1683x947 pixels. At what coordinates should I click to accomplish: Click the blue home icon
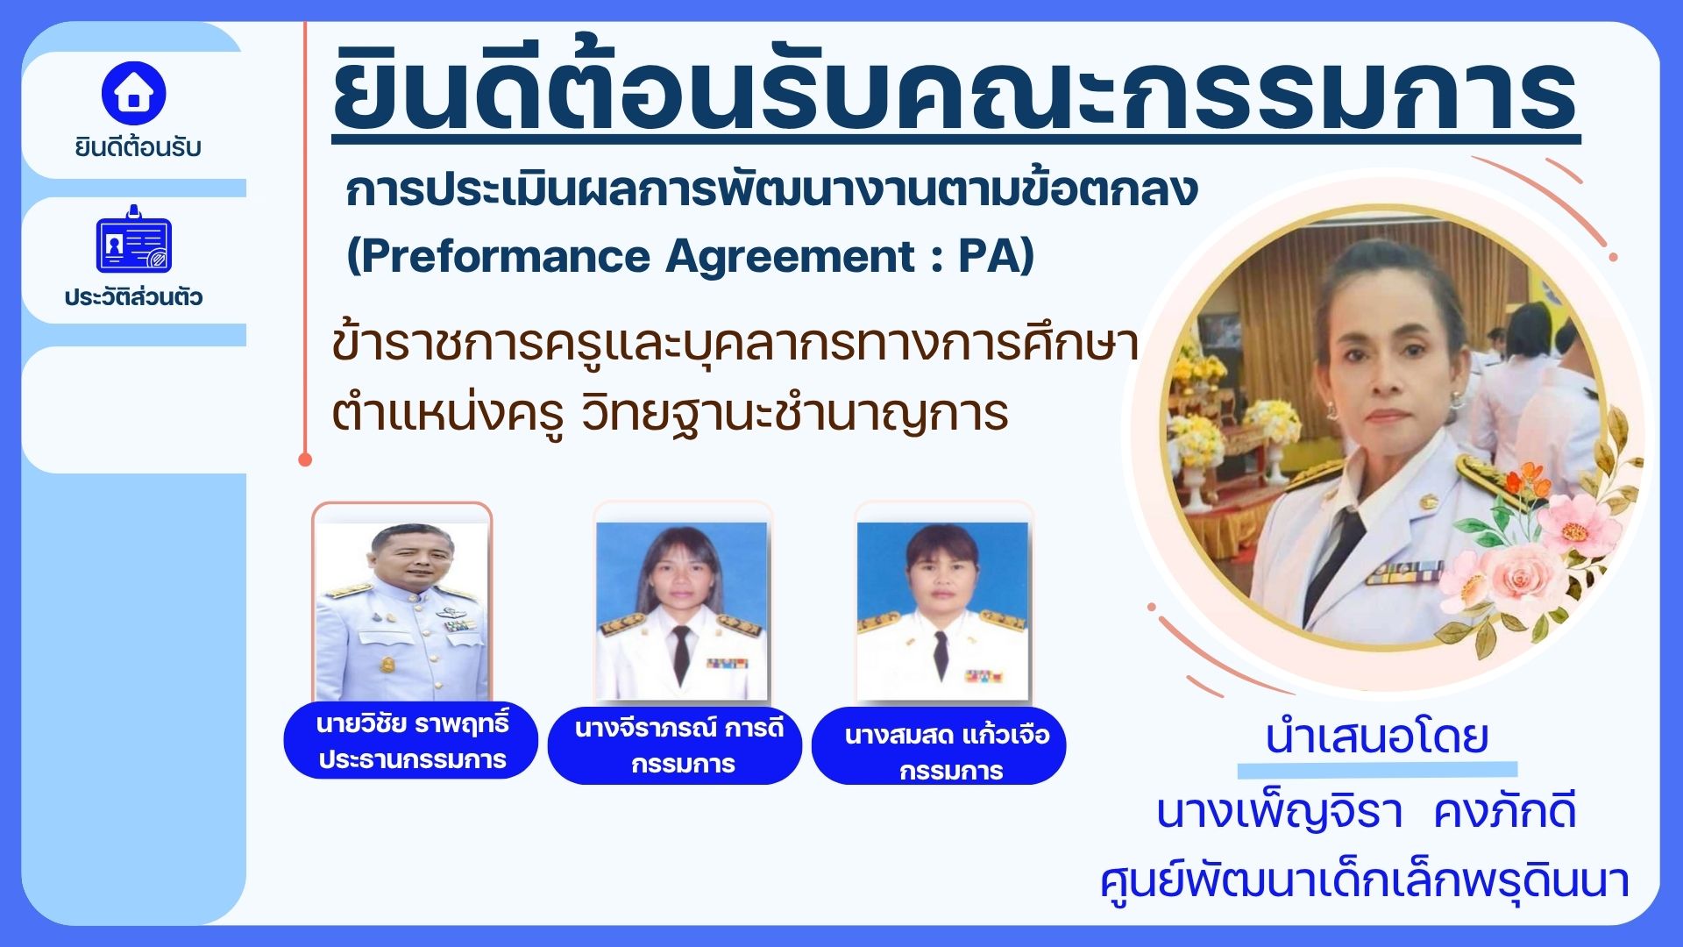[133, 92]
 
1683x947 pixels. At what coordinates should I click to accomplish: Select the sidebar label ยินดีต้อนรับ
[138, 147]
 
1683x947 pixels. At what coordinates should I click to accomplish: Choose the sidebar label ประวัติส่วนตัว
[133, 296]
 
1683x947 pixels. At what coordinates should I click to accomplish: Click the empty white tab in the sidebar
[133, 410]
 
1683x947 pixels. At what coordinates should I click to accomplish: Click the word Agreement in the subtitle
[790, 258]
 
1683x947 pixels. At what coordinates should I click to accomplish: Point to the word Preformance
[505, 256]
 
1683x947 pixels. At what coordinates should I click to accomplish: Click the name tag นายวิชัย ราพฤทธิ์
[411, 741]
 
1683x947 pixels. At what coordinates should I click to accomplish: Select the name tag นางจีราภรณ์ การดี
[675, 745]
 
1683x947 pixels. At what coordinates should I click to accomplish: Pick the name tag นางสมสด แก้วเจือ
[939, 746]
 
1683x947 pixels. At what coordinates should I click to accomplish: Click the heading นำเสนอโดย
[1377, 737]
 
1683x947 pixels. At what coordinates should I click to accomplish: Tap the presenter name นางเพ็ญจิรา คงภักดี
[1367, 811]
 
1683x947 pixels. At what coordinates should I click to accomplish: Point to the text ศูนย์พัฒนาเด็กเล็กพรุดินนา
[1365, 880]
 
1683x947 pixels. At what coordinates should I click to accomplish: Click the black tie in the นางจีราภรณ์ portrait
[681, 654]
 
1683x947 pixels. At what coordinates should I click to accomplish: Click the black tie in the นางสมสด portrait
[941, 654]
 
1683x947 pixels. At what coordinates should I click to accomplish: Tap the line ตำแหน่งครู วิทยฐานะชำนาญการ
[671, 413]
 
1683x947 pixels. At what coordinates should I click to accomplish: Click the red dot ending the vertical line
[305, 459]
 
